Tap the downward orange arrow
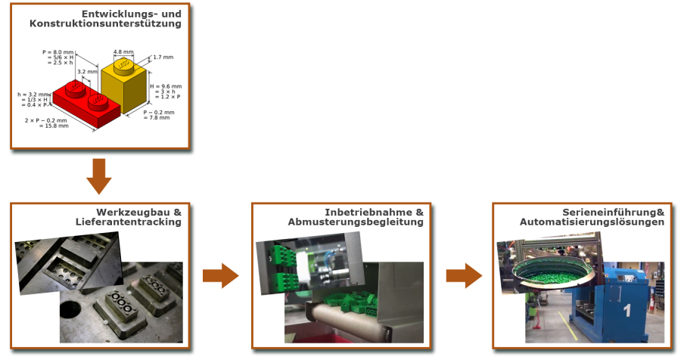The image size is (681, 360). click(x=98, y=176)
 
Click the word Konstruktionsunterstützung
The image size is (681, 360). click(x=105, y=23)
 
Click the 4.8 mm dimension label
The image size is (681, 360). click(x=123, y=52)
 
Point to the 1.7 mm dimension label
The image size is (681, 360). click(x=163, y=57)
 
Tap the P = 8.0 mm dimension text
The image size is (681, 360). click(x=58, y=52)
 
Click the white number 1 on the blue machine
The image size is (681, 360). click(x=627, y=310)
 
